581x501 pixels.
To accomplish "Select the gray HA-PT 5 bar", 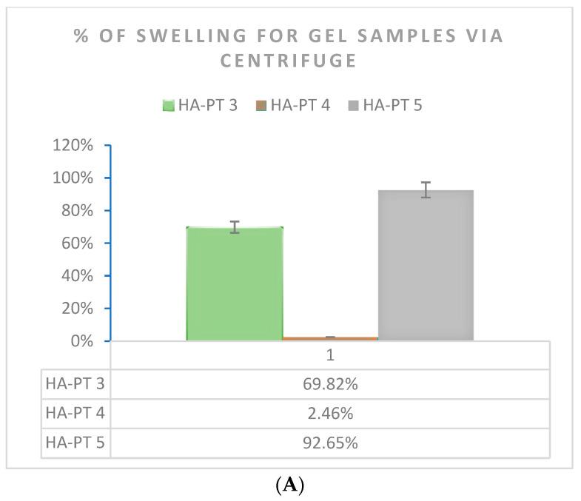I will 426,266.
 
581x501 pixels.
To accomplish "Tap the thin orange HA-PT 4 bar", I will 330,338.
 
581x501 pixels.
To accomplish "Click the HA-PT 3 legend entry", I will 201,105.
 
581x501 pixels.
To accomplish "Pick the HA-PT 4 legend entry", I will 293,105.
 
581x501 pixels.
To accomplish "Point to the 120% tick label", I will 73,145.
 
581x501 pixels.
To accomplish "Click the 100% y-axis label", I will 73,178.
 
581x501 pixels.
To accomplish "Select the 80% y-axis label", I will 76,210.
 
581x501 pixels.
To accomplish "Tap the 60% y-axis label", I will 76,243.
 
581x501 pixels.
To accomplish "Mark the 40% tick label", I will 76,275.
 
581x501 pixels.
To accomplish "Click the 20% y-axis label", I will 76,308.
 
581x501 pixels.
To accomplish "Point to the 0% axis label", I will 80,341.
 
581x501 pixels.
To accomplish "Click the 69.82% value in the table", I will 330,384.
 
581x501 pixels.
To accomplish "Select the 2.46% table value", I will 330,414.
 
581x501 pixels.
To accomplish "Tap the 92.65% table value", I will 330,443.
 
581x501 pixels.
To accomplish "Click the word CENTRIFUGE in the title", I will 290,61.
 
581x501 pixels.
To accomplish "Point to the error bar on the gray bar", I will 426,189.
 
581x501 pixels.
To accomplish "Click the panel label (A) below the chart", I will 290,485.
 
